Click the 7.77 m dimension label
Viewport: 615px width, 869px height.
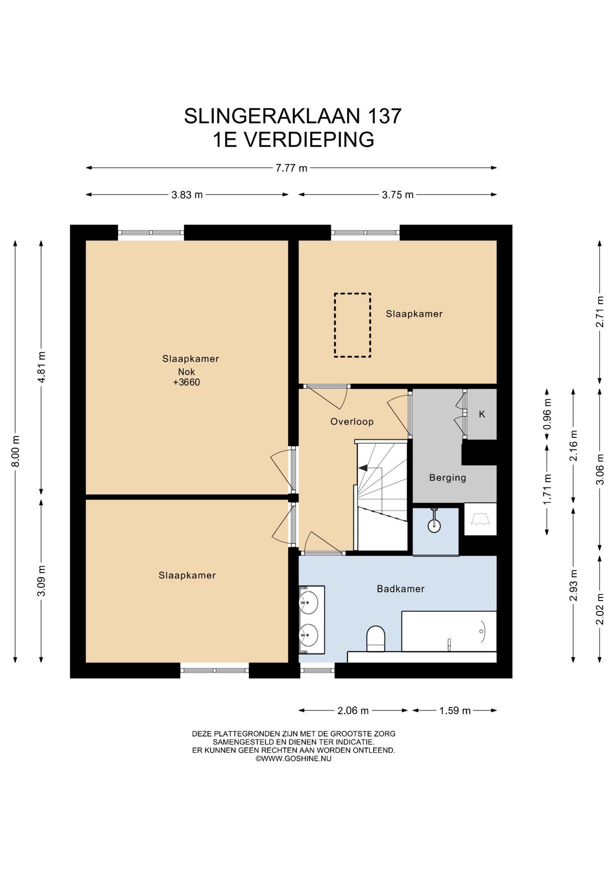pyautogui.click(x=291, y=168)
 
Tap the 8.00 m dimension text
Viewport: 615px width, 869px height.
pyautogui.click(x=15, y=451)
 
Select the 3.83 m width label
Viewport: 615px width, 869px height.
pyautogui.click(x=187, y=195)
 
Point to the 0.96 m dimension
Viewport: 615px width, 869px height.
pyautogui.click(x=547, y=414)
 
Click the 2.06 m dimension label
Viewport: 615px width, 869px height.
pyautogui.click(x=353, y=711)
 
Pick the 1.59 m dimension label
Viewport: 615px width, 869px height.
pyautogui.click(x=455, y=711)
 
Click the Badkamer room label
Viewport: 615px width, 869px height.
pyautogui.click(x=401, y=589)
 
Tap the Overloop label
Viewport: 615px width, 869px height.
pyautogui.click(x=352, y=422)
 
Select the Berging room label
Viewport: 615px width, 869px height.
pyautogui.click(x=447, y=477)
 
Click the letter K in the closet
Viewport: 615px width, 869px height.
pyautogui.click(x=482, y=414)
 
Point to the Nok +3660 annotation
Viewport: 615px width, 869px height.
pyautogui.click(x=187, y=377)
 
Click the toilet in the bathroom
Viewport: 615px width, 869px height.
pyautogui.click(x=375, y=638)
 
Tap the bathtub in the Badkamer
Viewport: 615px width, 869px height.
pyautogui.click(x=449, y=631)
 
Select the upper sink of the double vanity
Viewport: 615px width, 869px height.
pyautogui.click(x=308, y=602)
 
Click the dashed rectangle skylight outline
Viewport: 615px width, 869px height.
pyautogui.click(x=352, y=325)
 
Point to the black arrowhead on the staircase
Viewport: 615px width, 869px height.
pyautogui.click(x=363, y=468)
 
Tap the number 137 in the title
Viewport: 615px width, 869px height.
pyautogui.click(x=384, y=116)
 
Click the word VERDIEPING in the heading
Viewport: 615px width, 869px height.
pyautogui.click(x=309, y=139)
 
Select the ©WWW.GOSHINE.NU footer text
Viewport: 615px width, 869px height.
pyautogui.click(x=293, y=759)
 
